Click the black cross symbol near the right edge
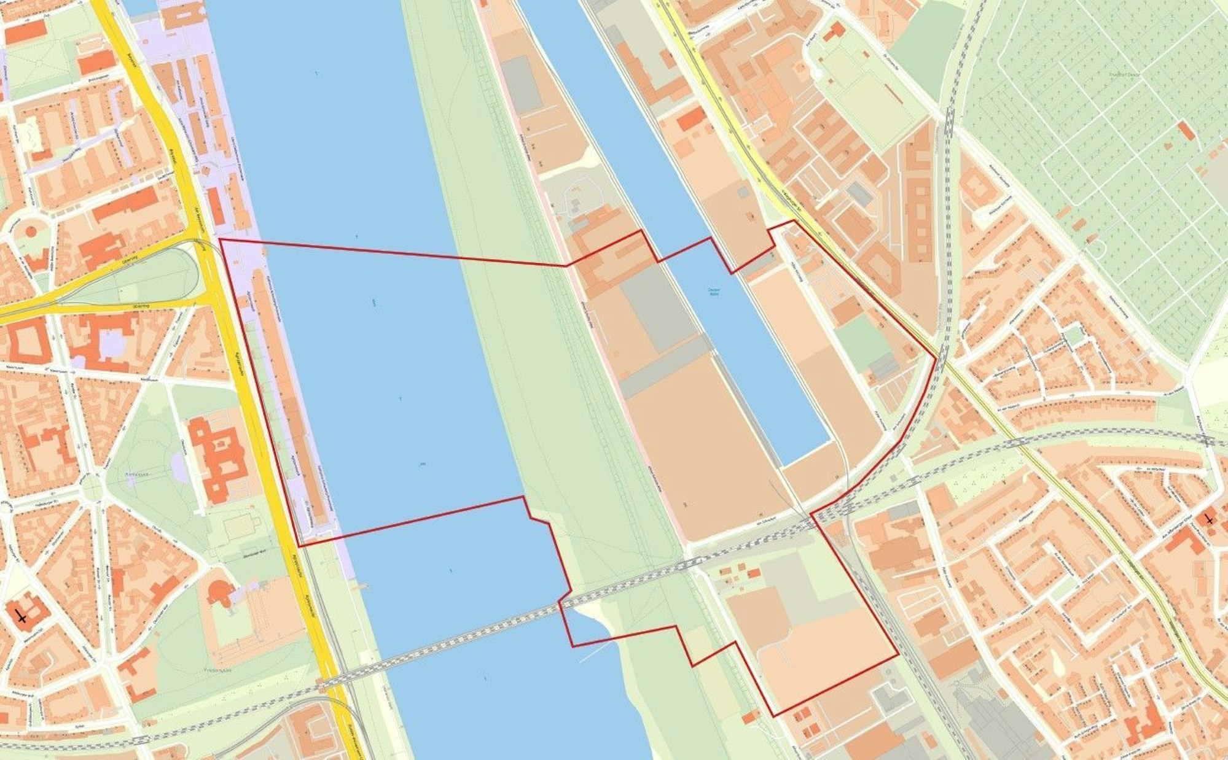(1209, 519)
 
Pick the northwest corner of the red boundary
(220, 239)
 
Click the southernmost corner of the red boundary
(773, 716)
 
